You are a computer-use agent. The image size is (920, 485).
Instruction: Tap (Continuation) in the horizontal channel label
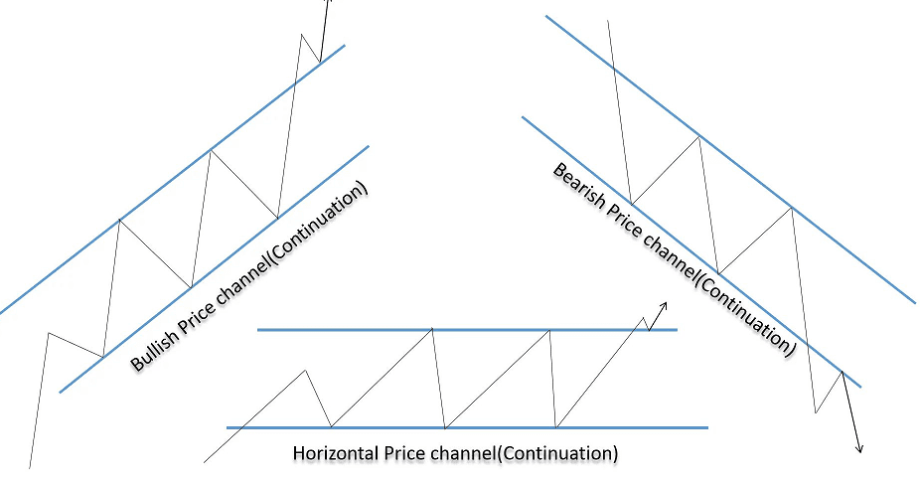click(557, 454)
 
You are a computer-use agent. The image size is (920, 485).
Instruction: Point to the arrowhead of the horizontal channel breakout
click(664, 305)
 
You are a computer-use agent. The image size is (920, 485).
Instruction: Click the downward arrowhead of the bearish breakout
click(859, 449)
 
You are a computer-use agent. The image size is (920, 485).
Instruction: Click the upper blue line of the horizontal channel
click(467, 330)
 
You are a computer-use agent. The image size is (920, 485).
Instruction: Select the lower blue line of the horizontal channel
click(467, 428)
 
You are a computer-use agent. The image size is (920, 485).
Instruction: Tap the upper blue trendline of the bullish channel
click(172, 179)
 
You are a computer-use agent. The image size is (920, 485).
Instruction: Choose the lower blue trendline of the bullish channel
click(215, 269)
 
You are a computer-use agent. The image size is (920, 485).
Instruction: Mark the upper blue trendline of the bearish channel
click(730, 160)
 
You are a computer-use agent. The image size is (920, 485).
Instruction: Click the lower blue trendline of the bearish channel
click(691, 251)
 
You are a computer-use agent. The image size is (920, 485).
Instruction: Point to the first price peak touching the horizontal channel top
click(432, 330)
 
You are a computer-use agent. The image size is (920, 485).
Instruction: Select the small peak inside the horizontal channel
click(305, 371)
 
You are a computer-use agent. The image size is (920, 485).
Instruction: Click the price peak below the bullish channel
click(48, 334)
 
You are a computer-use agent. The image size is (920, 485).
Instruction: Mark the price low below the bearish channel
click(816, 412)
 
